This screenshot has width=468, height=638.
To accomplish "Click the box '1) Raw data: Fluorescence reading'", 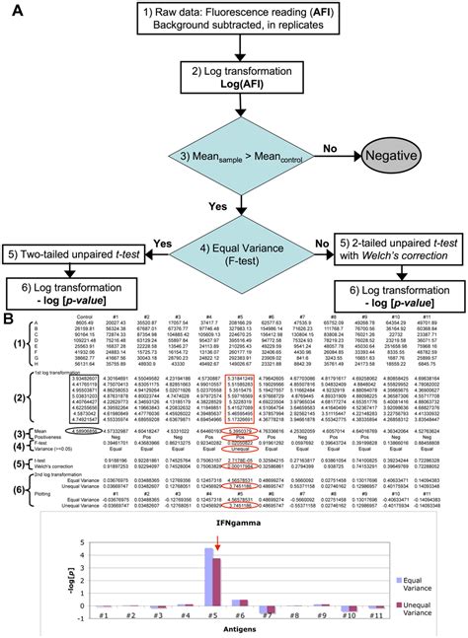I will point(238,21).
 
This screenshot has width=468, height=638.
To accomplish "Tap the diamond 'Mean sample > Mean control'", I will point(238,159).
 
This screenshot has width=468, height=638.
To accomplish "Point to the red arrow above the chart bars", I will point(216,514).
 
